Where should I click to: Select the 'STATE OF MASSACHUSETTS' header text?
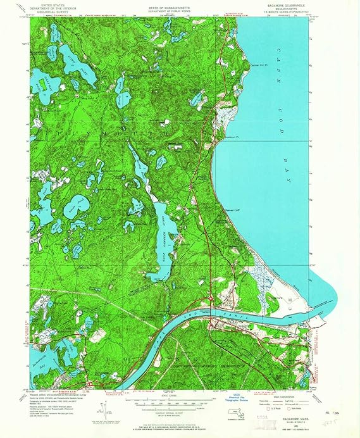[x=170, y=5]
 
